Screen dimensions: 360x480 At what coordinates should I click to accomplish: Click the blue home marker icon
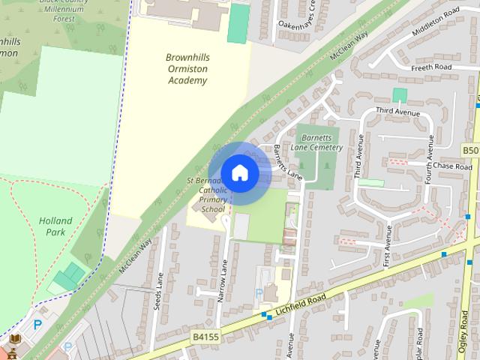pos(239,172)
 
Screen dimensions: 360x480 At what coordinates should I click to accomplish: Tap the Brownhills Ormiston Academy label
pos(186,68)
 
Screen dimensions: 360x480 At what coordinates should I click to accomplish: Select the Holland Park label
pos(56,226)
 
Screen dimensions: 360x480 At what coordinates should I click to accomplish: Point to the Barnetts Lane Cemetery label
pos(320,142)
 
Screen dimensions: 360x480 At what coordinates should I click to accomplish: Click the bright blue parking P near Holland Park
pos(37,325)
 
